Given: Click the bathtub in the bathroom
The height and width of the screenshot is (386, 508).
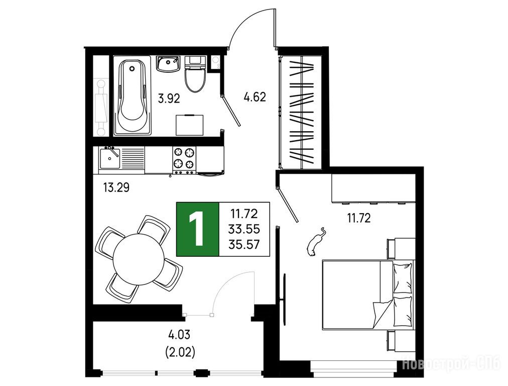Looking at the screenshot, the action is click(132, 95).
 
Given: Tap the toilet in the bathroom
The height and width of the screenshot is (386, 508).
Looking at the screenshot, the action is click(195, 74).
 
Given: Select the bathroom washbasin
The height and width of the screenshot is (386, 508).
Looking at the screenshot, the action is click(168, 63).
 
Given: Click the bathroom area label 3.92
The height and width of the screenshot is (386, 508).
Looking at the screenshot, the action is click(169, 98).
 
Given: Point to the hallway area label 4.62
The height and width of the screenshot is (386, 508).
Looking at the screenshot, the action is click(255, 97).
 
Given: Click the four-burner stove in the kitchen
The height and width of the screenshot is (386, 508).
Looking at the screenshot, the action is click(184, 160).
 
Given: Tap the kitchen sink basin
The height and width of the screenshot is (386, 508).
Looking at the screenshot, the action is click(109, 158).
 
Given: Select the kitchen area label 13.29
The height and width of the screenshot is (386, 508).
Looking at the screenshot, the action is click(116, 187).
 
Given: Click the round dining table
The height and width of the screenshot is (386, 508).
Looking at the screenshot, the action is click(139, 259).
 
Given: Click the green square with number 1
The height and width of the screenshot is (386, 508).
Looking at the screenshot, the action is click(198, 229).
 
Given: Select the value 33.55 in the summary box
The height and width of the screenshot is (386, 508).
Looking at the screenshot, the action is click(244, 229).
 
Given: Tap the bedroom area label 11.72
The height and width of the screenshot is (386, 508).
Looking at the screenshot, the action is click(358, 218).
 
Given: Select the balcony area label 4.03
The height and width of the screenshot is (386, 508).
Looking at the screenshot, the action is click(180, 334).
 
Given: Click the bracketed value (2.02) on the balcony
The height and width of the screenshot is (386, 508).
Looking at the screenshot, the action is click(180, 352).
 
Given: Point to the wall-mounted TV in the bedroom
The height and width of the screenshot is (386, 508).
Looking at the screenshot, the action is click(284, 299).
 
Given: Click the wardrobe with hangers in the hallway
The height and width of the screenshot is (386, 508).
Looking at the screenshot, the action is click(301, 112).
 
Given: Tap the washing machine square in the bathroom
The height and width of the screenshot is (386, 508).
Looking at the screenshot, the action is click(190, 125).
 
